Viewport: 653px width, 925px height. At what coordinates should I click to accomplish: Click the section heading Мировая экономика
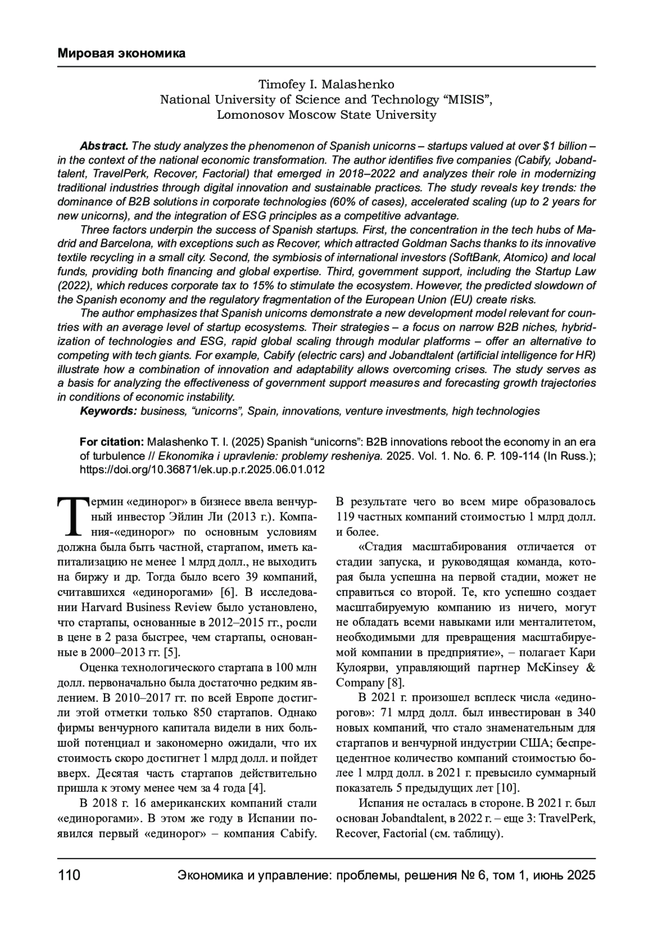(121, 53)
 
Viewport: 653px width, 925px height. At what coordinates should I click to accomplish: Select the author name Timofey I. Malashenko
(326, 84)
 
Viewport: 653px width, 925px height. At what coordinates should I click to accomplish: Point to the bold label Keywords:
(108, 411)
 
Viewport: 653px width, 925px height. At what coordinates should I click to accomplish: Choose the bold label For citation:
(112, 441)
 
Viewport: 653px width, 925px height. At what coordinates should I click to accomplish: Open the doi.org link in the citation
(202, 469)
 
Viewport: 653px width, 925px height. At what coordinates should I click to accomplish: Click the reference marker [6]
(226, 592)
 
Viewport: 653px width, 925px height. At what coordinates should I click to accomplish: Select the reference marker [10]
(509, 788)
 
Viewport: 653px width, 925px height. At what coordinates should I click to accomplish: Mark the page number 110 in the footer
(69, 875)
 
